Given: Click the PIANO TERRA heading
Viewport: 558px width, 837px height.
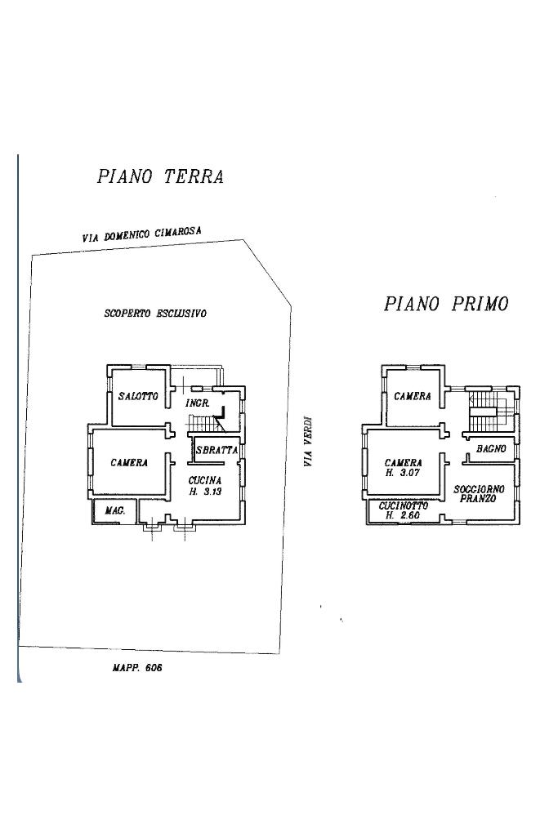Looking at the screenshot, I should coord(160,177).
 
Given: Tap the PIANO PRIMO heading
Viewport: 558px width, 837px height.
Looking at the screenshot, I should coord(446,305).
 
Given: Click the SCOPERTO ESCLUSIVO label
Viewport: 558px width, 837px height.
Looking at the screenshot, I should coord(155,313).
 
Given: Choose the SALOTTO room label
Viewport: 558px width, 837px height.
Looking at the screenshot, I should coord(137,397).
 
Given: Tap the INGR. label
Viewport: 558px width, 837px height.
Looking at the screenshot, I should coord(199,404).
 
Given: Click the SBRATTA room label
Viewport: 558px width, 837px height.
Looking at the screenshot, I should coord(217,450).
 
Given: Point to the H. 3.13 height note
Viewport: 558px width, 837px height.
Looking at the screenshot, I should coord(206,492).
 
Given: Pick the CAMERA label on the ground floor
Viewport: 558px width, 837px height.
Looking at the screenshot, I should coord(129,463).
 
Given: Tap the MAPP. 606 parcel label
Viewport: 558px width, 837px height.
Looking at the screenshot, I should coord(138,667).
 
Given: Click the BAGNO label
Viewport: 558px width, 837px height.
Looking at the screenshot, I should coord(492,450).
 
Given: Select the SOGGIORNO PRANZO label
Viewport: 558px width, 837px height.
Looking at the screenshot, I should coord(480,493).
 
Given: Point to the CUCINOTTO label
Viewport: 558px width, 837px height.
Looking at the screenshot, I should coord(404,506).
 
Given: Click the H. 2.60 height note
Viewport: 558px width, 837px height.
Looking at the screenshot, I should coord(402,516).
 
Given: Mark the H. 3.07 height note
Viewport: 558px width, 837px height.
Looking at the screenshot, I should coord(402,473).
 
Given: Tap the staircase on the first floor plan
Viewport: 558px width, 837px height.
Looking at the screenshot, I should coord(484,407).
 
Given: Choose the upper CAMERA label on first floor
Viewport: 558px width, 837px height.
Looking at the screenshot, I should coord(413,397).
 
